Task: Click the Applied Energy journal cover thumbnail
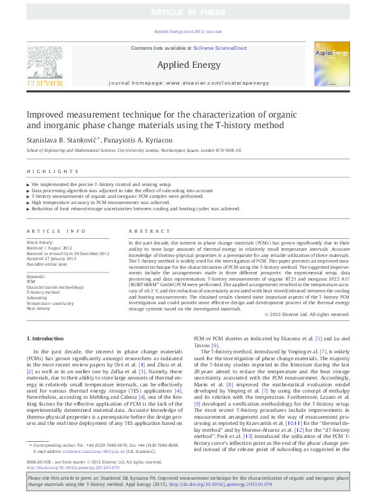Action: [x=331, y=64]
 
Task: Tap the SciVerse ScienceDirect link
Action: [x=220, y=48]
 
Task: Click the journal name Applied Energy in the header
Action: [x=187, y=64]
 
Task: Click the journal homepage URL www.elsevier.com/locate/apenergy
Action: [x=215, y=82]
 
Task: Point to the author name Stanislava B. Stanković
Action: [x=61, y=139]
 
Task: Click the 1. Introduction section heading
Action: [x=47, y=338]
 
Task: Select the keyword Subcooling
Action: [x=37, y=297]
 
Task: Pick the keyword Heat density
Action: [x=39, y=307]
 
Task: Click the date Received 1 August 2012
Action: [x=49, y=247]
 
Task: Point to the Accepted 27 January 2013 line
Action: [x=52, y=258]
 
